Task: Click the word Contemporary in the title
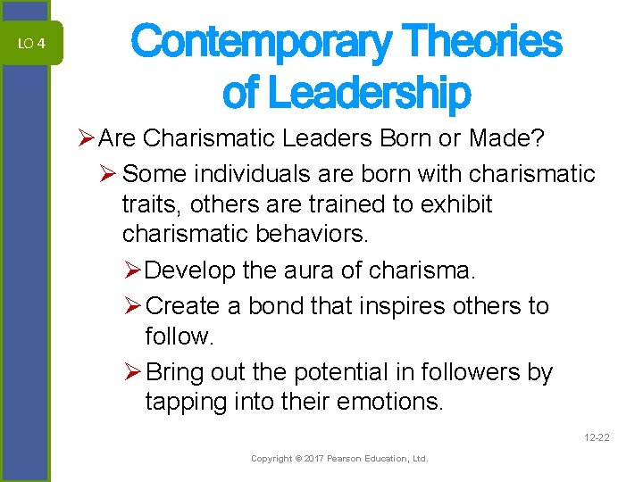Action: click(261, 42)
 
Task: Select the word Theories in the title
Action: click(482, 42)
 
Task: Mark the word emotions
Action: click(393, 402)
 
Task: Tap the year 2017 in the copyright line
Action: click(312, 459)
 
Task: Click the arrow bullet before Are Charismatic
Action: click(87, 139)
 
